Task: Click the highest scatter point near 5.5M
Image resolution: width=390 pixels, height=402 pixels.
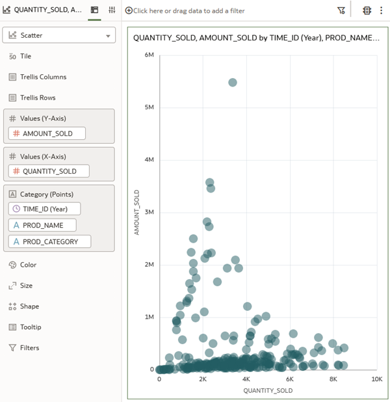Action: [x=232, y=83]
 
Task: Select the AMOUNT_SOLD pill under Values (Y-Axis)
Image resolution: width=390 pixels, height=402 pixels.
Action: [x=47, y=133]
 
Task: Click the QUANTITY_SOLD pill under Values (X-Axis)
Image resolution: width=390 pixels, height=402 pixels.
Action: [x=49, y=172]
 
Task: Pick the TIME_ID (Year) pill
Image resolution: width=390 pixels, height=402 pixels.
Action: [x=45, y=209]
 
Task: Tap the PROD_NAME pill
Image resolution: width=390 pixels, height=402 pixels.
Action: [x=42, y=225]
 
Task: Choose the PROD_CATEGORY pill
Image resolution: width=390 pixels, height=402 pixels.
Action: [x=49, y=242]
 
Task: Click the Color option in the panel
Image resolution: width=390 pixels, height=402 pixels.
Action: [x=28, y=265]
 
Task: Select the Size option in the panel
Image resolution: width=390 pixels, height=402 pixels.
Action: [x=26, y=286]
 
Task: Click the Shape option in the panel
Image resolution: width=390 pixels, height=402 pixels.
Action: [x=29, y=306]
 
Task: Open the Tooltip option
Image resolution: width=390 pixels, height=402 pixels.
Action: [x=30, y=327]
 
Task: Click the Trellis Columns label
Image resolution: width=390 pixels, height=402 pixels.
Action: [x=43, y=77]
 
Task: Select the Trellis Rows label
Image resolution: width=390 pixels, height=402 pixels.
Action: [x=38, y=98]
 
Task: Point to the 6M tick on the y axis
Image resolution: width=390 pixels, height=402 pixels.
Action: [x=148, y=55]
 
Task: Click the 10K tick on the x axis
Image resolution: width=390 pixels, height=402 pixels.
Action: [x=376, y=379]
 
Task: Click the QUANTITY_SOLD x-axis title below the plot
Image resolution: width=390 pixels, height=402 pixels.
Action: [x=268, y=391]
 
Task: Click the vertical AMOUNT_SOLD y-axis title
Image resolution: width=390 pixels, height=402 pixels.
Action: [x=137, y=212]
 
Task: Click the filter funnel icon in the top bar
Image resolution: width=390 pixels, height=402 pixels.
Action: [x=341, y=10]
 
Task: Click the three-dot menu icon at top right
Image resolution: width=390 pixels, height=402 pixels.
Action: [x=381, y=10]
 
